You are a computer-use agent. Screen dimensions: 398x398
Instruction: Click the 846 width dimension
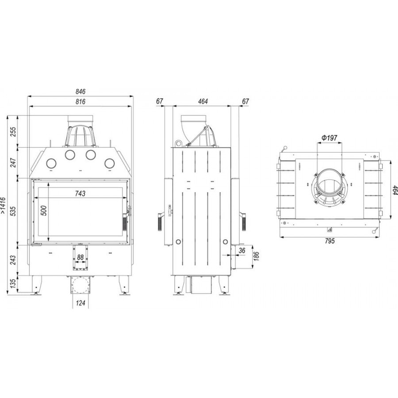tap(80, 92)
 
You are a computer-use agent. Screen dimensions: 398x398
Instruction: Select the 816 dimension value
tap(80, 102)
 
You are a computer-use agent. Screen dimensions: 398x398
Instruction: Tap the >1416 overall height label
tap(3, 205)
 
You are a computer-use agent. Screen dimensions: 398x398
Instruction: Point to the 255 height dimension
tap(13, 131)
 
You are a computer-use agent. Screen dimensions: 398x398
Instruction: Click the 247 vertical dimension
tap(13, 162)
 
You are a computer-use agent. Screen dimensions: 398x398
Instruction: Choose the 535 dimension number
tap(13, 211)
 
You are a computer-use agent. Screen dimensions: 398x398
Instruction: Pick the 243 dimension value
tap(13, 260)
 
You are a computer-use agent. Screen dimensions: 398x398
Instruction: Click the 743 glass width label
tap(80, 193)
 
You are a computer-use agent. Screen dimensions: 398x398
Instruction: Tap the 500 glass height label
tap(44, 210)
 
